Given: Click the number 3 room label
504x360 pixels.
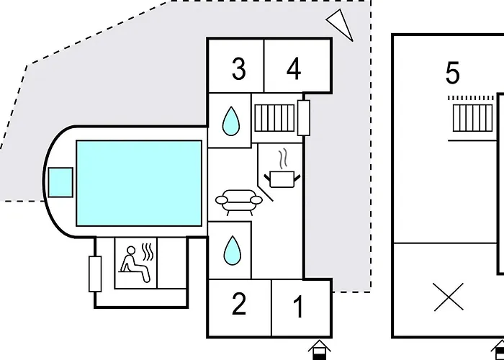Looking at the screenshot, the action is point(239,69).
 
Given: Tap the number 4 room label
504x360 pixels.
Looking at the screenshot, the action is point(294,69).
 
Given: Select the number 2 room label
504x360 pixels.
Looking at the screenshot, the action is point(239,304).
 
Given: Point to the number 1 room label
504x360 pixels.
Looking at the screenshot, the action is point(299,306).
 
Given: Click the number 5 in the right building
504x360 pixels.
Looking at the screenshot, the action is point(453,73).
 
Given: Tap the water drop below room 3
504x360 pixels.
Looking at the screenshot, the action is point(231,121).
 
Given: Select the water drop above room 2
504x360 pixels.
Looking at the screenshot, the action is point(232,251).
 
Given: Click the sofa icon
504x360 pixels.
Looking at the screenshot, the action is point(239,202).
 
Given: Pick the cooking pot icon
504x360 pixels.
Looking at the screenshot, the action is point(282,179).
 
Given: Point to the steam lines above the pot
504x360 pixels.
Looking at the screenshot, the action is point(283,159).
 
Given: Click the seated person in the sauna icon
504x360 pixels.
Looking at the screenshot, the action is point(135,264).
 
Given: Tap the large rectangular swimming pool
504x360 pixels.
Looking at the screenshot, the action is point(139,183).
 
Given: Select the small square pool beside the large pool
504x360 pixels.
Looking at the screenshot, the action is point(60,182).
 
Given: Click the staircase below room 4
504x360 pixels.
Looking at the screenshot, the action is point(274,118).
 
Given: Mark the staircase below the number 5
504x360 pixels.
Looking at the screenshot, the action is point(472,118).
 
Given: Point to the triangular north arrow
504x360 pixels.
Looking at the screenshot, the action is point(341,23).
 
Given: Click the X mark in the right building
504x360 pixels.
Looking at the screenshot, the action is point(449,297).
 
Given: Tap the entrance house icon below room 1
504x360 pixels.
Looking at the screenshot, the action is point(320,350).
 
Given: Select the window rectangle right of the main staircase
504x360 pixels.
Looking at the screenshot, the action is point(304,117).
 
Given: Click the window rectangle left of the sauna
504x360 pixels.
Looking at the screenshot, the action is point(95,274).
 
